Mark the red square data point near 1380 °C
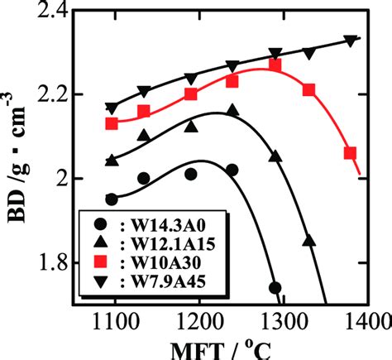click(350, 153)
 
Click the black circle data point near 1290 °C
click(275, 288)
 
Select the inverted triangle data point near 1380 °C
click(350, 41)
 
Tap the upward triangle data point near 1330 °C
click(309, 241)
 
